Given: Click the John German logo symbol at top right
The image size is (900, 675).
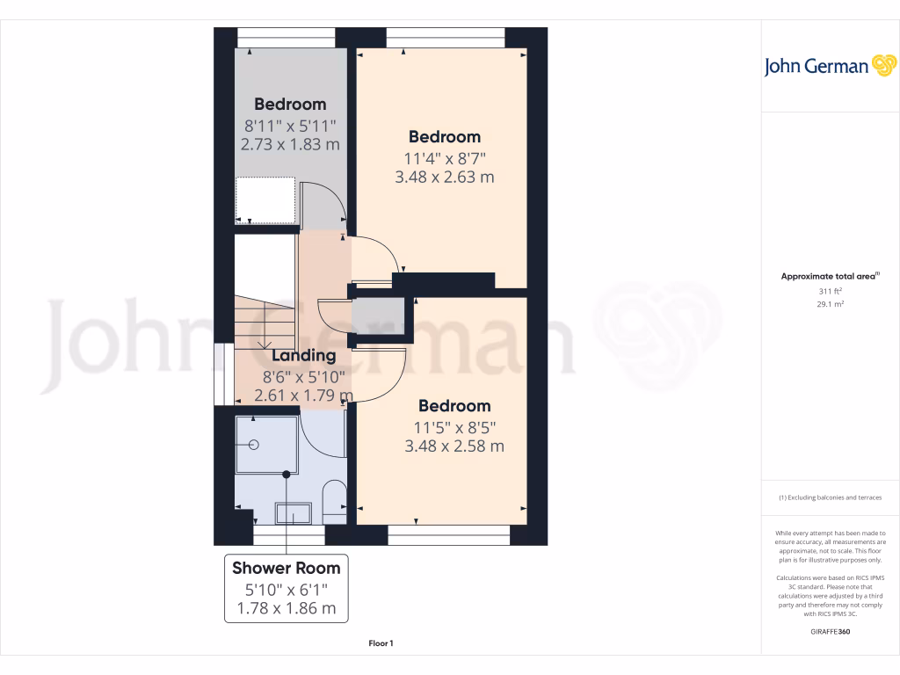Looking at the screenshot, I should coord(882,66).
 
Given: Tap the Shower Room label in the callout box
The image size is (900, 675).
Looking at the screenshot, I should coord(286,568).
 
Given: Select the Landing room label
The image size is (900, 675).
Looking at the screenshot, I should coord(303,356).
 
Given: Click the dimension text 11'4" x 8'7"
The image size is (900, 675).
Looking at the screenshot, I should coord(445,158).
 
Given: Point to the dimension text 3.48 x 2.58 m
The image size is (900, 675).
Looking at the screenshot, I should coord(454,446).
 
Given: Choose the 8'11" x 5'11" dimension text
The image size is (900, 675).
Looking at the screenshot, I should coord(290,125).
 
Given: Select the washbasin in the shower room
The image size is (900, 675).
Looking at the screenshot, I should coord(293,512).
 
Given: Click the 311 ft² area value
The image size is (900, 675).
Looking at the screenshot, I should coord(831,291).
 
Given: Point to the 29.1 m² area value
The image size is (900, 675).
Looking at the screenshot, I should coord(831,304).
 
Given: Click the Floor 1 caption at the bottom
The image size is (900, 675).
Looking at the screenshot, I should coord(381,643).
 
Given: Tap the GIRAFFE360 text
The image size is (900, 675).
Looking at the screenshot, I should coord(831,632).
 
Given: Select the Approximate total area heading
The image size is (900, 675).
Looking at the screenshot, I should coord(829,277).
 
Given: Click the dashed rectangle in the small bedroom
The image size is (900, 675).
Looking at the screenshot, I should coord(265,200).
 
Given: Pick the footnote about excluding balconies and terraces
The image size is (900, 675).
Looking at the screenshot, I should coord(830,498).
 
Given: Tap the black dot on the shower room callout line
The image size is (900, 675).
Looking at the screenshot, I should coord(286,475).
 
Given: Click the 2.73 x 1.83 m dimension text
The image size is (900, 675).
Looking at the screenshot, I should coord(290,144).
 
